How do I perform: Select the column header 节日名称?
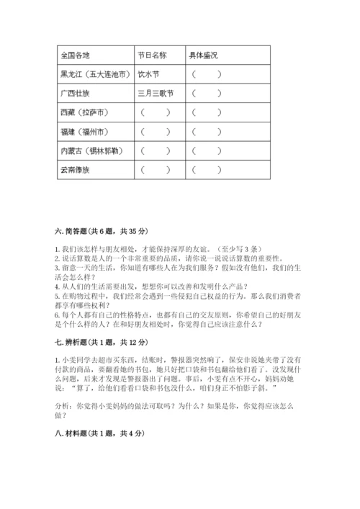152,55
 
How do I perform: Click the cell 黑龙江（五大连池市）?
94,73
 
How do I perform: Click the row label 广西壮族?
76,93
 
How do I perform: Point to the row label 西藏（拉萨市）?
84,112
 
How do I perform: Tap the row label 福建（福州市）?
84,132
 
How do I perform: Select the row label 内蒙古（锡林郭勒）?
91,151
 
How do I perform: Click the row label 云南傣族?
76,171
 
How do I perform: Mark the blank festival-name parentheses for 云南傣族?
156,171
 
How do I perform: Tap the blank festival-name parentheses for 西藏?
156,112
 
